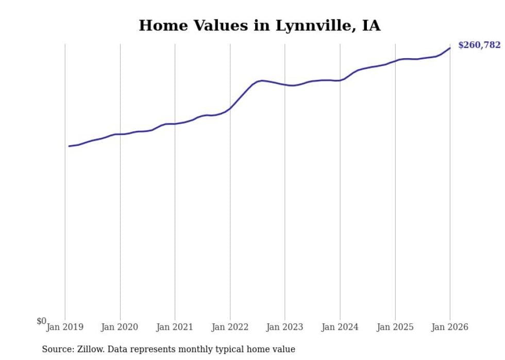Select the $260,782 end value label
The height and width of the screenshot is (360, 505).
tap(479, 45)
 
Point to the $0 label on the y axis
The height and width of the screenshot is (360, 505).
tap(41, 321)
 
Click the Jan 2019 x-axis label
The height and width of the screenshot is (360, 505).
tap(65, 327)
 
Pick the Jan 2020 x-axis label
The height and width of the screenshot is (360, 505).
tap(120, 327)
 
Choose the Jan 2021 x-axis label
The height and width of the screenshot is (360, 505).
tap(175, 327)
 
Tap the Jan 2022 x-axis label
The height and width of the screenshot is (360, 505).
tap(230, 327)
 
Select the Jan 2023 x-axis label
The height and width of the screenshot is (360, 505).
tap(285, 327)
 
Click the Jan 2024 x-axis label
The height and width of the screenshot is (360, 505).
tap(340, 327)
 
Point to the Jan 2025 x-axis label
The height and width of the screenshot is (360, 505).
tap(395, 327)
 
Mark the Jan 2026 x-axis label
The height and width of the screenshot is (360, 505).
tap(450, 327)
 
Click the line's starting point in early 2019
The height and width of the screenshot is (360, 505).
tap(69, 146)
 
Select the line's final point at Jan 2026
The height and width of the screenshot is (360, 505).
tap(450, 48)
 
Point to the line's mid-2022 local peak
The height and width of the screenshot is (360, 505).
tap(262, 81)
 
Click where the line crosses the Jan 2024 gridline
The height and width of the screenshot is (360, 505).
tap(340, 80)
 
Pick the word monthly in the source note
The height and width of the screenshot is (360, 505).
tap(199, 349)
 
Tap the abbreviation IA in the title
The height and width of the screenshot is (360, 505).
tap(371, 26)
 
